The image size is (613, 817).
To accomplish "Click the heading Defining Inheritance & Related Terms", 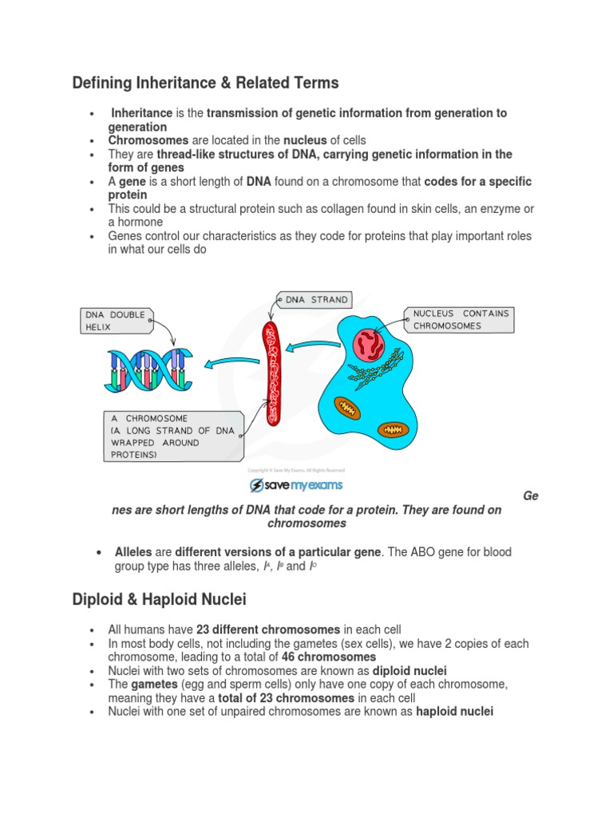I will tap(205, 83).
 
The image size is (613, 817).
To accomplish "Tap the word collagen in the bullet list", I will tap(324, 209).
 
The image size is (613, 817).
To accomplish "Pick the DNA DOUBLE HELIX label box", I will tap(117, 321).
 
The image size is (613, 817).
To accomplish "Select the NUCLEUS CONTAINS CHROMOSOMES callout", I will tap(459, 319).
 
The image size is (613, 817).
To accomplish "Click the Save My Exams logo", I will tap(296, 485).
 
